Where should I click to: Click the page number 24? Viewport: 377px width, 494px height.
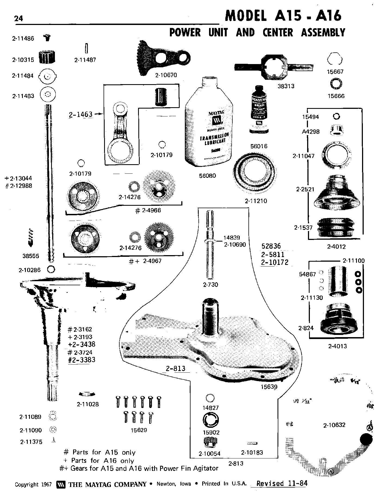[x=19, y=18]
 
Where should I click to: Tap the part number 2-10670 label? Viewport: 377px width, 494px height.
[x=166, y=75]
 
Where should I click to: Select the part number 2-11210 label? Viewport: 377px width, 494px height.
[x=256, y=201]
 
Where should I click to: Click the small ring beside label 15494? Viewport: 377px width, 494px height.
[x=336, y=116]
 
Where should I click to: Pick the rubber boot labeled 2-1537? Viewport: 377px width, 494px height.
[x=336, y=227]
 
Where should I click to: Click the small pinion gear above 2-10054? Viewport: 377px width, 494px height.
[x=210, y=443]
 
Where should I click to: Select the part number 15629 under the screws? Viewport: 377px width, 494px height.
[x=139, y=430]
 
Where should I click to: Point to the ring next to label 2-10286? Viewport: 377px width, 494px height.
[x=51, y=270]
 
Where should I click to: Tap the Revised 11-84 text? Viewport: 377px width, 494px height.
[x=282, y=484]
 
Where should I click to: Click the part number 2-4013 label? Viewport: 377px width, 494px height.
[x=337, y=346]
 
